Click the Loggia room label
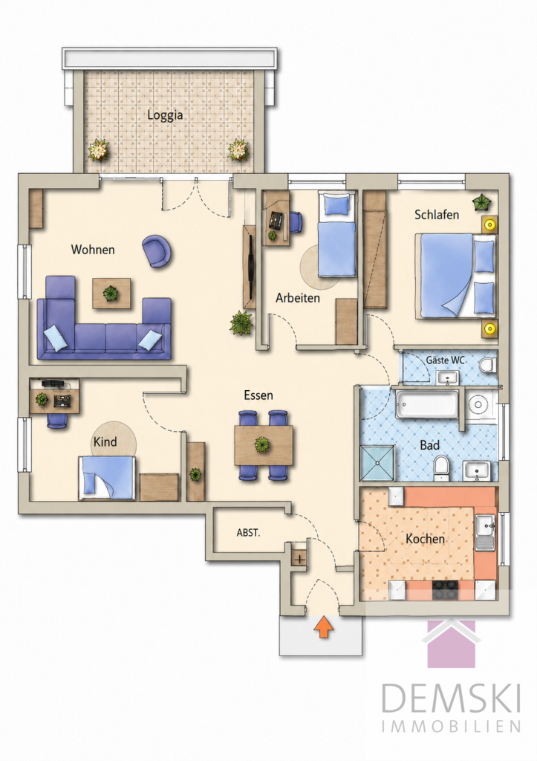[x=165, y=115]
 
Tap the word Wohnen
[x=93, y=250]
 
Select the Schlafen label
[x=437, y=215]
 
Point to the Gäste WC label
[x=446, y=360]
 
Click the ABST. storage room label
[x=248, y=533]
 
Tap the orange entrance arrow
[x=324, y=626]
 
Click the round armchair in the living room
[x=156, y=250]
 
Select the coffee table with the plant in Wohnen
[x=111, y=293]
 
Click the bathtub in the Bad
[x=427, y=404]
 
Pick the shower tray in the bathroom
[x=378, y=463]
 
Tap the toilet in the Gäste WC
[x=486, y=364]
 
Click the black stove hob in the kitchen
[x=446, y=591]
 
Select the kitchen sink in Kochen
[x=485, y=532]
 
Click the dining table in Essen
[x=264, y=445]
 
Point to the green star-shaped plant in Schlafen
[x=482, y=201]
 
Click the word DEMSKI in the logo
[x=451, y=698]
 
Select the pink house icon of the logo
[x=451, y=643]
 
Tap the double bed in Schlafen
[x=456, y=276]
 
